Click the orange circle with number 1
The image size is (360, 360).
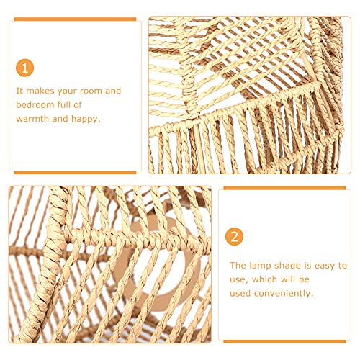(25, 68)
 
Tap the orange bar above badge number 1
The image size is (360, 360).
(75, 19)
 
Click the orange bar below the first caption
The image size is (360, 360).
(75, 172)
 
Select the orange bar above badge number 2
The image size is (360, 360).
(285, 188)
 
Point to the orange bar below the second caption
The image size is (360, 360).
(285, 341)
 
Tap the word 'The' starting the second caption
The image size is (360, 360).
(237, 266)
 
